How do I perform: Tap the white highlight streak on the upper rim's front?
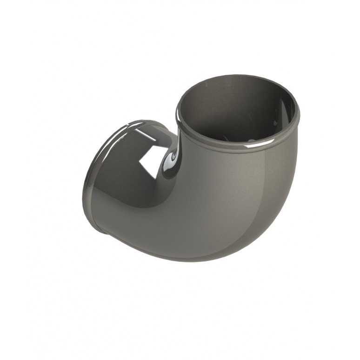[253, 147]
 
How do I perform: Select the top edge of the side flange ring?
[140, 121]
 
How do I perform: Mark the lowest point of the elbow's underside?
[186, 261]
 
